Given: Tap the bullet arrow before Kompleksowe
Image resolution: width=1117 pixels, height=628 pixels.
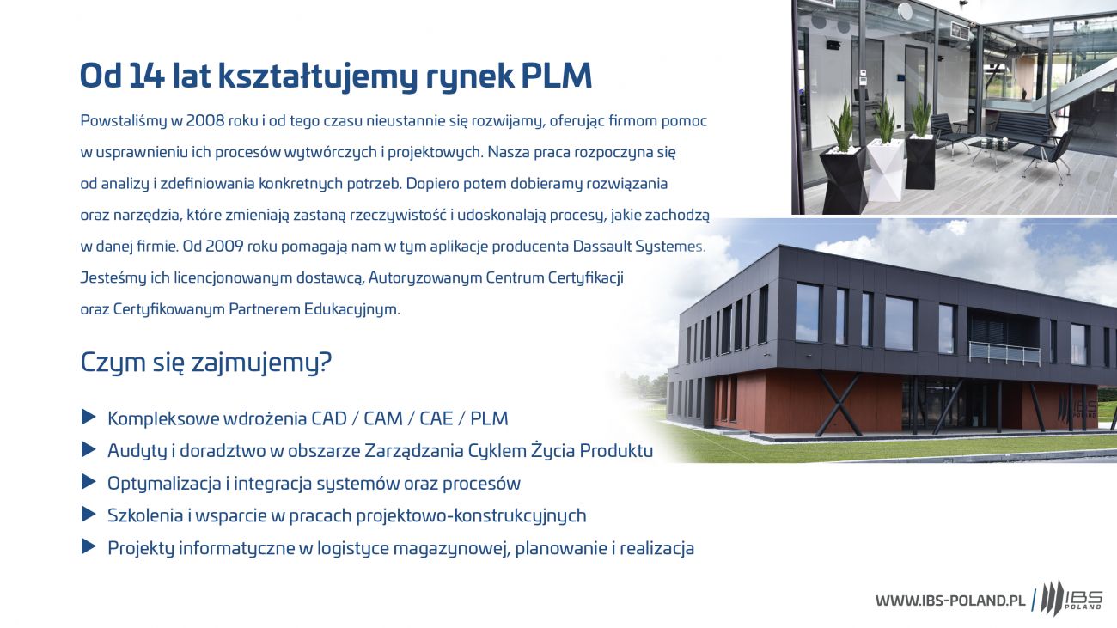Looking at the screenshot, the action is coord(89,418).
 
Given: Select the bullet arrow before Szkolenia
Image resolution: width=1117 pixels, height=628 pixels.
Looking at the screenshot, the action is coord(89,515).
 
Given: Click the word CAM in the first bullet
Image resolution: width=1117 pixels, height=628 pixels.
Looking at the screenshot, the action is coord(383,418).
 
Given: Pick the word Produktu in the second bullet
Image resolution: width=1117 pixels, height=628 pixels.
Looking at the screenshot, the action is coord(617,450).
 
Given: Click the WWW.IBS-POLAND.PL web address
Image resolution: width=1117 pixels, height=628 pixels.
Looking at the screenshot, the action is coord(950,601).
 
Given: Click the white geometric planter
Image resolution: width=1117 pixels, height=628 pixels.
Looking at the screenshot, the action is coord(886,170).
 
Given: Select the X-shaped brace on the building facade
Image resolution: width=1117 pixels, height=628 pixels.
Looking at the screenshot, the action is coord(839,404).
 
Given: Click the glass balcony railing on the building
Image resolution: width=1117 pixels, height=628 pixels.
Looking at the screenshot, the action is coord(1004,353).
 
